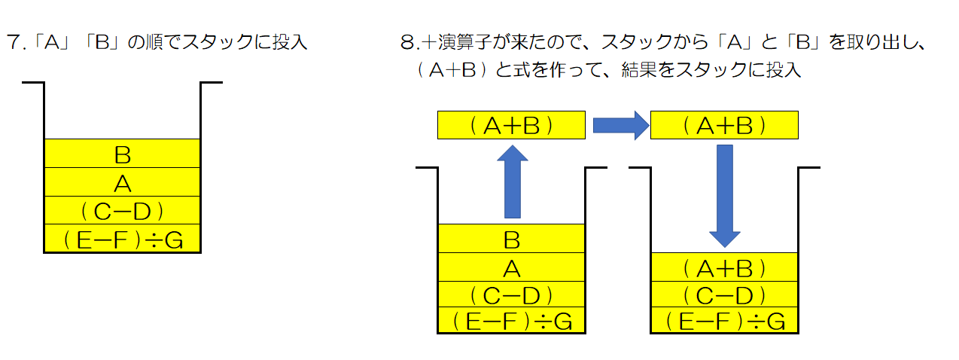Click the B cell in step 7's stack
pos(123,154)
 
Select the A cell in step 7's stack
pos(123,182)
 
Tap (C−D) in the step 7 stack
pos(123,210)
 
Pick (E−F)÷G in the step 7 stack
pos(123,239)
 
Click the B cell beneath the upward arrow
pos(511,239)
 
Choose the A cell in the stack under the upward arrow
pos(511,267)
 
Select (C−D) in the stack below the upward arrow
pos(511,294)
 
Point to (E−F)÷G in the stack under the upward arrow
pos(511,322)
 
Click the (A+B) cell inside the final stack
pos(724,267)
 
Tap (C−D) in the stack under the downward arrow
pos(724,294)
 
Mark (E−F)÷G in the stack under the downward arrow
pos(724,322)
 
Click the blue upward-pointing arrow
pos(512,182)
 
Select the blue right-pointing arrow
pos(620,125)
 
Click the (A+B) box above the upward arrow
pos(511,126)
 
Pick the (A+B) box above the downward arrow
pos(724,126)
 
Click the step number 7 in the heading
pos(12,42)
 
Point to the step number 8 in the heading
pos(407,42)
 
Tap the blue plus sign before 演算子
pos(430,42)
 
